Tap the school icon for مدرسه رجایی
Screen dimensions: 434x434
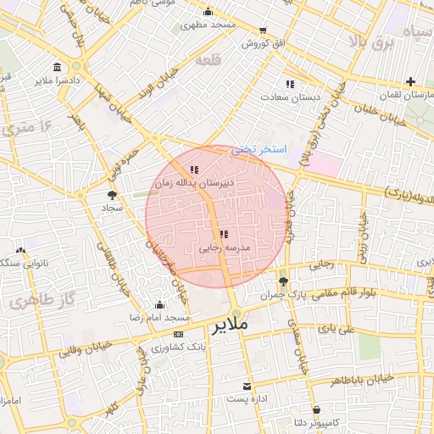tap(223, 234)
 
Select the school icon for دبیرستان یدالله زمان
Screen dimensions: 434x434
tap(195, 170)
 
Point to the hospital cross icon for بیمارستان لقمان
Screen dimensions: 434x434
tap(410, 82)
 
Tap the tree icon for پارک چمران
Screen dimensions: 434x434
tap(283, 281)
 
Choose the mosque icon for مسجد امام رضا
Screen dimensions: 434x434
tap(159, 304)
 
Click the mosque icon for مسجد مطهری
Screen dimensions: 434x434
tap(209, 12)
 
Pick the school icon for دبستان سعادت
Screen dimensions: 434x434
tap(290, 84)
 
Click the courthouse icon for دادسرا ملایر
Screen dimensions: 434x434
tap(57, 68)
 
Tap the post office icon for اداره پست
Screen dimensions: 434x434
tap(248, 386)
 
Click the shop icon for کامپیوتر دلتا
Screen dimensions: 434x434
tap(315, 409)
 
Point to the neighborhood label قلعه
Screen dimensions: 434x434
tap(208, 62)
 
